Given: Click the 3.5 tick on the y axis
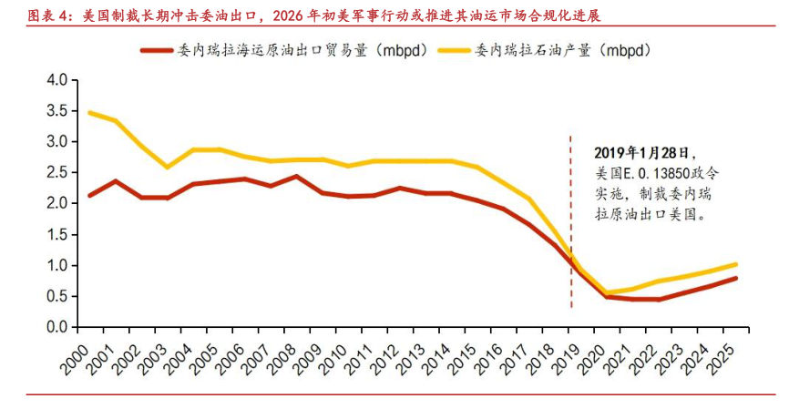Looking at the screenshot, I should [57, 111].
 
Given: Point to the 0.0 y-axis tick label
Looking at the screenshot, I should [57, 327].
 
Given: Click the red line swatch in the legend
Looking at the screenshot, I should [159, 50].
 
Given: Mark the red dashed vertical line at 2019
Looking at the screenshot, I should [571, 228].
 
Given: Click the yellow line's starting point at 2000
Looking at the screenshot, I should [89, 113].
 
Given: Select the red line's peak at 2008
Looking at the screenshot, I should [297, 177].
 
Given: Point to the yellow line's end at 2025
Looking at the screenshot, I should [736, 264].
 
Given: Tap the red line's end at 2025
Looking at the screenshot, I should [736, 278].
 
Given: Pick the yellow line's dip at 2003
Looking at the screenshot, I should [167, 167].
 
